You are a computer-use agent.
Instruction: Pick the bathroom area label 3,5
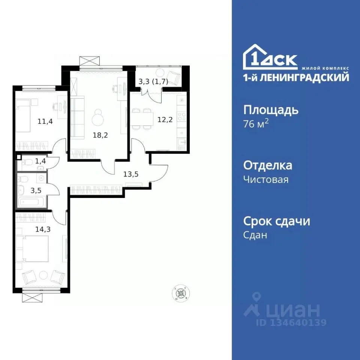[x=36, y=190]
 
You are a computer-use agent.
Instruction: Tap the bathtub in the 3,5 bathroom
[x=32, y=202]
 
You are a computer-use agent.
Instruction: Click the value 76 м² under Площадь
[x=256, y=124]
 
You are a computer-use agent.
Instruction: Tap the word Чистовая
[x=266, y=180]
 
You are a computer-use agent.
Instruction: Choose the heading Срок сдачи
[x=277, y=221]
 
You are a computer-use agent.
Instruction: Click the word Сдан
[x=255, y=235]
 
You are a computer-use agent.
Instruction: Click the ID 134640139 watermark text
[x=291, y=322]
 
